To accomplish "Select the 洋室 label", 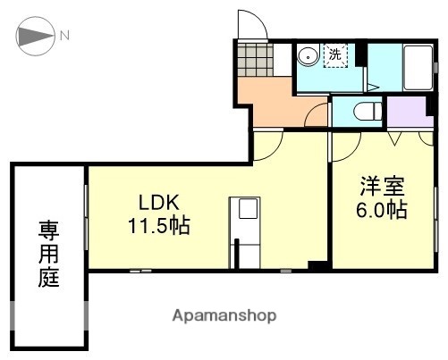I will pos(383,188).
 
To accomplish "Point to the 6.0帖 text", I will pos(383,211).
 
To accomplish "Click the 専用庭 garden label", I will pos(48,255).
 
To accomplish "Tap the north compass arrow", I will pos(36,37).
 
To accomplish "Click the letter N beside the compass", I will pos(64,37).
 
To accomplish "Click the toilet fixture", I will pos(364,112).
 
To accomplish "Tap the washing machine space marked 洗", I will pos(334,54).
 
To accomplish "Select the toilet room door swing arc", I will pos(315,116).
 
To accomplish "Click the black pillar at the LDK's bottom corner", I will pos(316,264).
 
